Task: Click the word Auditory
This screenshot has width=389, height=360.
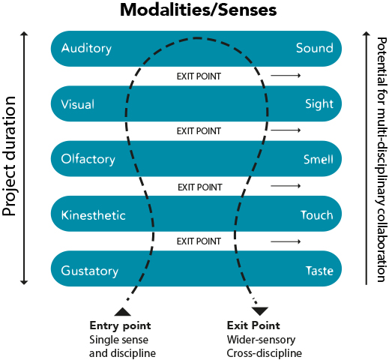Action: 86,49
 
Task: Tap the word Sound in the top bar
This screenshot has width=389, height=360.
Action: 314,49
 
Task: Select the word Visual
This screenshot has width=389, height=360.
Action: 78,104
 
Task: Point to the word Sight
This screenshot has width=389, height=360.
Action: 319,104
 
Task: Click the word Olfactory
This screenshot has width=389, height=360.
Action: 88,159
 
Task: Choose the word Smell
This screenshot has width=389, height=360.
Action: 317,159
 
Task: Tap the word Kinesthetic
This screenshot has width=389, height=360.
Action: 93,215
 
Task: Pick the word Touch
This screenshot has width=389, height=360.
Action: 316,215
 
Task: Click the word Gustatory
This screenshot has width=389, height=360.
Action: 90,270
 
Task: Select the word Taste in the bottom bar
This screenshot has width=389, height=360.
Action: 318,270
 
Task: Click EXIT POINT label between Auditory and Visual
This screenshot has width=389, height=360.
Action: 199,76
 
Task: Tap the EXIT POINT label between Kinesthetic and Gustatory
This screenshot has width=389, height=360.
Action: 199,241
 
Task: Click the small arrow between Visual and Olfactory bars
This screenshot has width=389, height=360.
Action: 286,131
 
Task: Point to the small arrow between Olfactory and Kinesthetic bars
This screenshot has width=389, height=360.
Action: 286,186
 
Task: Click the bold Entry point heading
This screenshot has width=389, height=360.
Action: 120,325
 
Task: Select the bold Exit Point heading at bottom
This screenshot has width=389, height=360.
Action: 253,325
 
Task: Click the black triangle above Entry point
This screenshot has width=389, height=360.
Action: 121,310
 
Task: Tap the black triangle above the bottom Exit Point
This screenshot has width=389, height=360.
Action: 260,310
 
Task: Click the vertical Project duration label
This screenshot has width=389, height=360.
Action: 10,157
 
